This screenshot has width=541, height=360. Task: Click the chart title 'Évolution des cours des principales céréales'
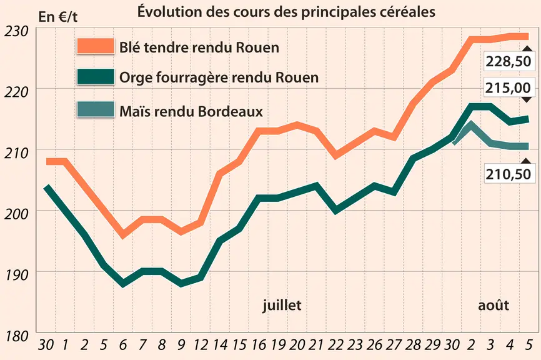point(286,12)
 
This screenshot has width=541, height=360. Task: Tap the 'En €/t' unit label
point(58,17)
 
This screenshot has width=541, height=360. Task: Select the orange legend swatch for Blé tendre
point(96,46)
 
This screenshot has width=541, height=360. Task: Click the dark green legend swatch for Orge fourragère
point(96,77)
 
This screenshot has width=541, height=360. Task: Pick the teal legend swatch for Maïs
point(96,109)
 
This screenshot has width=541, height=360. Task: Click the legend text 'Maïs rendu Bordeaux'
point(191,111)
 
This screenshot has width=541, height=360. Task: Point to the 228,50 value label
point(509,61)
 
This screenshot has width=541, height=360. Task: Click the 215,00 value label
point(509,88)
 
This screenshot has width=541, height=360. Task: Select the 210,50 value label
point(509,174)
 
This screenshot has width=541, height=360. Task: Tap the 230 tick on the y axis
point(16,31)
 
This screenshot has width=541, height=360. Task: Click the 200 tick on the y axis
point(16,214)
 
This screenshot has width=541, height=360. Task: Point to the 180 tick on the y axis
point(16,336)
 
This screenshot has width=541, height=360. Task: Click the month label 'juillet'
point(282,306)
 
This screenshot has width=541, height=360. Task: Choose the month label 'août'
point(494,306)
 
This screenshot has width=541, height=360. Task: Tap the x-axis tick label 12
point(201,345)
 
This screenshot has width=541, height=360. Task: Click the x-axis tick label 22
point(335,345)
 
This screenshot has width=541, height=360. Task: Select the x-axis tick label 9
point(181,345)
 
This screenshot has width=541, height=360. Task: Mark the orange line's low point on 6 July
point(123,235)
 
